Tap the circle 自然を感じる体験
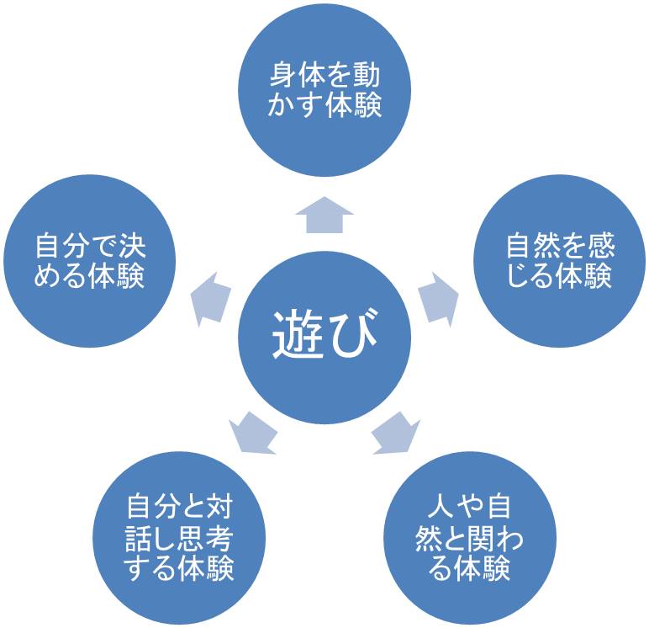pos(559,261)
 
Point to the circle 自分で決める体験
pos(90,261)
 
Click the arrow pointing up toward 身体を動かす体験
pos(324,216)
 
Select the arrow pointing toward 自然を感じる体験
pos(438,297)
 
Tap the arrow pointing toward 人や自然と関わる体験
pos(394,432)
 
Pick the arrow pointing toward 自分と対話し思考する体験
pos(253,432)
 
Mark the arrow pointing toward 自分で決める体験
pos(211,297)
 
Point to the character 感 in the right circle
pos(602,247)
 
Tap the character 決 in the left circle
pos(132,247)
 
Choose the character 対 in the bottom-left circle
pos(219,508)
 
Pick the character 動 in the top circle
pos(367,76)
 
